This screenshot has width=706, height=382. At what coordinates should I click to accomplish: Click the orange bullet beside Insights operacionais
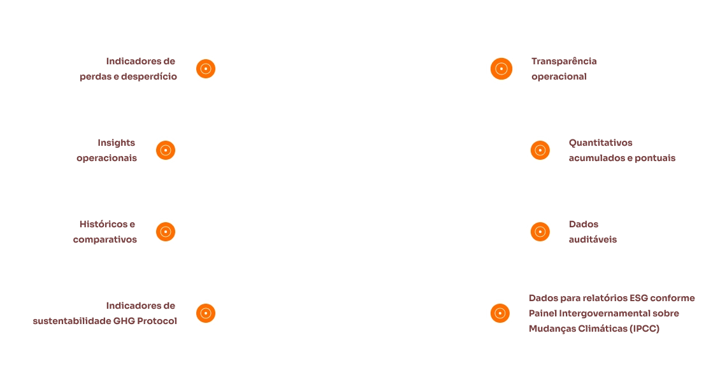tap(166, 150)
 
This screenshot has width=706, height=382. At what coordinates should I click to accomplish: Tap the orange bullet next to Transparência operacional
tap(501, 69)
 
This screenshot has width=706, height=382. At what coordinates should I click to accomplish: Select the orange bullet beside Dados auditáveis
tap(540, 232)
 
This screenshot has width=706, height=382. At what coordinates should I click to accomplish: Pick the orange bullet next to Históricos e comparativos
tap(166, 232)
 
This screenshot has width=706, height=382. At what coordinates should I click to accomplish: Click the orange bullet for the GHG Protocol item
tap(206, 313)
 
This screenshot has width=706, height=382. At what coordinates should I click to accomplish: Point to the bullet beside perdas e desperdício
tap(206, 69)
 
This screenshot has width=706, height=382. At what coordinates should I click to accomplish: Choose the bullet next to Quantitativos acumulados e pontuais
tap(540, 150)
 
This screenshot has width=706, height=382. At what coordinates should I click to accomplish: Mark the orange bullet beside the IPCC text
tap(500, 313)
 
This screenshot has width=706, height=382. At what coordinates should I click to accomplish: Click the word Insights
tap(117, 143)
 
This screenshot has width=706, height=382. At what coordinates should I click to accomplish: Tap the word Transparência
tap(563, 61)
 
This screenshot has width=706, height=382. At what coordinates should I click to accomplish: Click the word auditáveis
tap(591, 239)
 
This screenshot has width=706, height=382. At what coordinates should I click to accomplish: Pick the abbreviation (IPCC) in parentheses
tap(645, 329)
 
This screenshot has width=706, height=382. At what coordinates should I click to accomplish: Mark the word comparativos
tap(104, 239)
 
